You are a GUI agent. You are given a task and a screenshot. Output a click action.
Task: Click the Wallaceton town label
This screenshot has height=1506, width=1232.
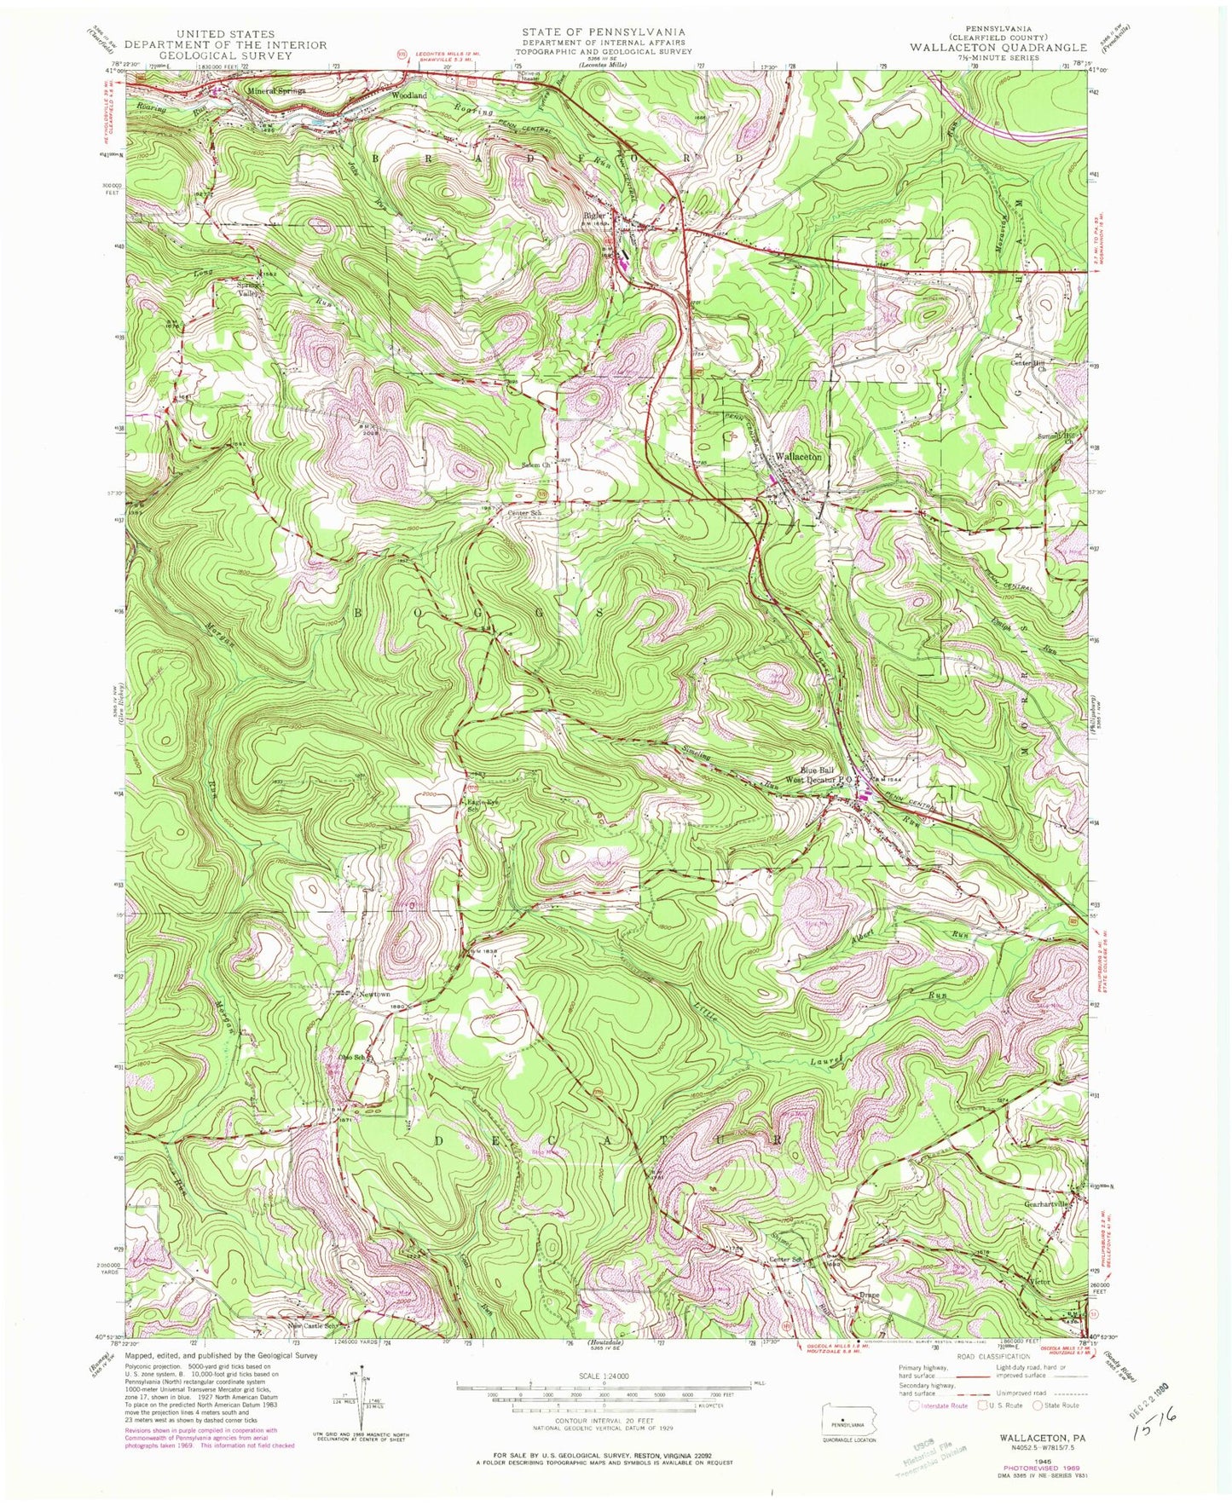(x=798, y=457)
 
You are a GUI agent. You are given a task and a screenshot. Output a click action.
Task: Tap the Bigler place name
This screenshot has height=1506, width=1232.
(x=594, y=216)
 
